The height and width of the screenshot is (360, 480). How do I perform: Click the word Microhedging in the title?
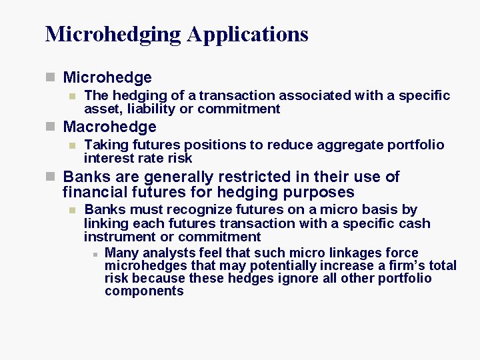click(x=113, y=34)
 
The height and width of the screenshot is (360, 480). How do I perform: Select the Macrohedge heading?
click(x=109, y=127)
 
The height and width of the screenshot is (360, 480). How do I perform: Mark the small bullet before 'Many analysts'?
click(x=95, y=253)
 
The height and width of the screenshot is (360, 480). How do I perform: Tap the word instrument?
click(x=117, y=237)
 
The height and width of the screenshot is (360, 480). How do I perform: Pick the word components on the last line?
click(x=144, y=291)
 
